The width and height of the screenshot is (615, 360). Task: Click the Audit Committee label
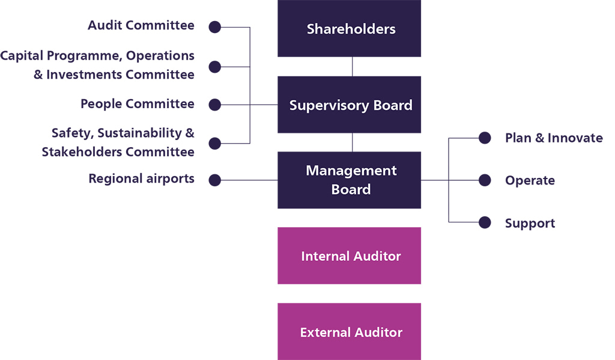141,25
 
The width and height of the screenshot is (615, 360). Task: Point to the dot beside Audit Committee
214,27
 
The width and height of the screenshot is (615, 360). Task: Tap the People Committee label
138,104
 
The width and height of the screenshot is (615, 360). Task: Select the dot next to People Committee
214,105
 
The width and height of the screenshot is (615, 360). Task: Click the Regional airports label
141,178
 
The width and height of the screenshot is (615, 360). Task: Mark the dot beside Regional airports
214,180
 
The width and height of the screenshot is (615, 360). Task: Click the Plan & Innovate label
554,138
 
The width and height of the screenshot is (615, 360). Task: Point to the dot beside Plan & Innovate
485,138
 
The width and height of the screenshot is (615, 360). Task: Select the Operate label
530,180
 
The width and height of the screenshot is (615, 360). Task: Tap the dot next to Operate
485,180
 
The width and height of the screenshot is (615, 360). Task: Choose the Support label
530,224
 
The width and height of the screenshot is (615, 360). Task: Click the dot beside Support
485,222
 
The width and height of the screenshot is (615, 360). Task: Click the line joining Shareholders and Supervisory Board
353,66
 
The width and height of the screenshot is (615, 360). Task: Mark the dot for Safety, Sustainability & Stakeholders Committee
214,143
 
